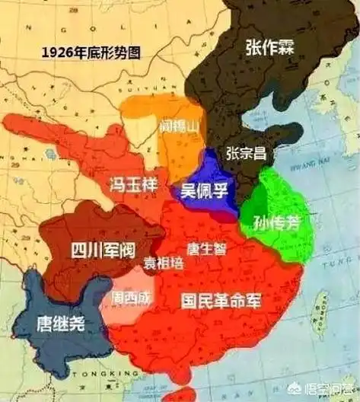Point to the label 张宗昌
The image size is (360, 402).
(246, 152)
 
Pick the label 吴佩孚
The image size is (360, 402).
(203, 190)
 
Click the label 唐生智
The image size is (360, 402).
(205, 249)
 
